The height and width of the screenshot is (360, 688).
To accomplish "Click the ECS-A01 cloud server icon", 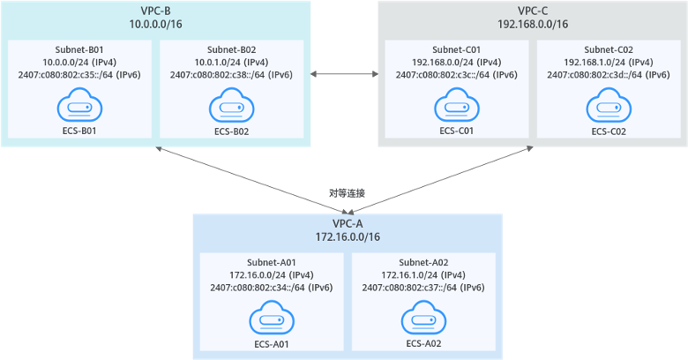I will [x=272, y=319].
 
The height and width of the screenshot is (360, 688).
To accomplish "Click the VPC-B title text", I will [x=155, y=10].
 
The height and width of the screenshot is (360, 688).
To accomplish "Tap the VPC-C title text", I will [x=532, y=10].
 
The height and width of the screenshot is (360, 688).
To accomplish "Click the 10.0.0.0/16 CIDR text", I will [x=155, y=24].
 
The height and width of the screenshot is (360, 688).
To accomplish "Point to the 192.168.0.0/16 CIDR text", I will [x=532, y=24].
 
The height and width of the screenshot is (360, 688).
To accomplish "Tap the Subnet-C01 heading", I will [x=456, y=49].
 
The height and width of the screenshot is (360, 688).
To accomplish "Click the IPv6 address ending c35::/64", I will [x=79, y=75].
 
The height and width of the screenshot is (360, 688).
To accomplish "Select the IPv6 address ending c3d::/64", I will [x=609, y=75].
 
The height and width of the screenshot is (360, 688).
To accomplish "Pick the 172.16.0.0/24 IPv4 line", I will [x=272, y=274].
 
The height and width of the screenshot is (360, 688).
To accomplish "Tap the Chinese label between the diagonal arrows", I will [x=347, y=191].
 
